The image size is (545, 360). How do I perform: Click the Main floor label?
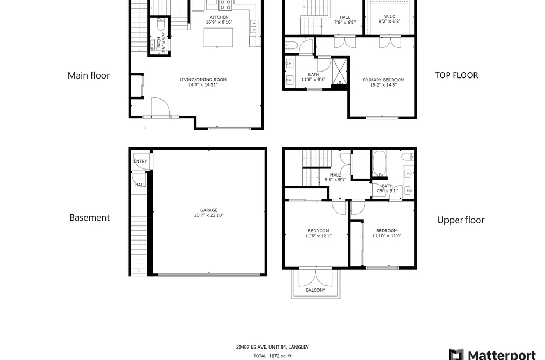89,75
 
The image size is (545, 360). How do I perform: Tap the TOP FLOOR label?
456,75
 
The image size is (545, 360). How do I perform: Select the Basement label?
90,217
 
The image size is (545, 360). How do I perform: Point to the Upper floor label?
461,220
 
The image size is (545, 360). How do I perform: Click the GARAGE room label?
209,210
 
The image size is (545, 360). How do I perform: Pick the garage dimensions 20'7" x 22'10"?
209,215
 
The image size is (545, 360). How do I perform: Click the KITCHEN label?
219,17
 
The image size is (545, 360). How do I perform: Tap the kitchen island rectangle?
218,38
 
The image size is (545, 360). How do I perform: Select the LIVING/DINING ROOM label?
203,80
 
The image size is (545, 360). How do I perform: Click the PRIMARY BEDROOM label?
384,80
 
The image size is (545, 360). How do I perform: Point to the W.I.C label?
390,16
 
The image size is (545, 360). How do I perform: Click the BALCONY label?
316,290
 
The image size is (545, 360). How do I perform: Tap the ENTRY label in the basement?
140,161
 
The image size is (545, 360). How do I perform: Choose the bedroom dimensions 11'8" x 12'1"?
318,236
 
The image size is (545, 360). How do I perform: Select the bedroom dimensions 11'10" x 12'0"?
387,236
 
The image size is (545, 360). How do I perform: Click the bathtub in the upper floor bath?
380,163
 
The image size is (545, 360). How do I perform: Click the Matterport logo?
492,355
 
